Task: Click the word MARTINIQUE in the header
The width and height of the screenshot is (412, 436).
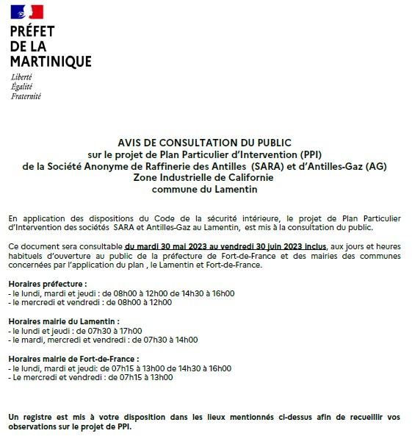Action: click(x=51, y=61)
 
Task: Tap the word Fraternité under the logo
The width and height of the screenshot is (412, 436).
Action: click(x=26, y=96)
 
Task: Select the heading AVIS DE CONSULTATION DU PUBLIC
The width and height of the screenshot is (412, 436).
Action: click(x=204, y=142)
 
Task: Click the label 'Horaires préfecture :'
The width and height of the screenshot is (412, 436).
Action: click(x=48, y=284)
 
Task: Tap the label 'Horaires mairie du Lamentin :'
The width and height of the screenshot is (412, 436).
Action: click(x=64, y=321)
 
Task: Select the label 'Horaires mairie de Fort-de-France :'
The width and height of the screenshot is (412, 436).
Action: click(x=74, y=359)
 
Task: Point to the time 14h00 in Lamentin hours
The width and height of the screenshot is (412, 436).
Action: click(x=185, y=340)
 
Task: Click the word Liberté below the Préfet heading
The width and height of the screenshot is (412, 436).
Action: click(x=22, y=77)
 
